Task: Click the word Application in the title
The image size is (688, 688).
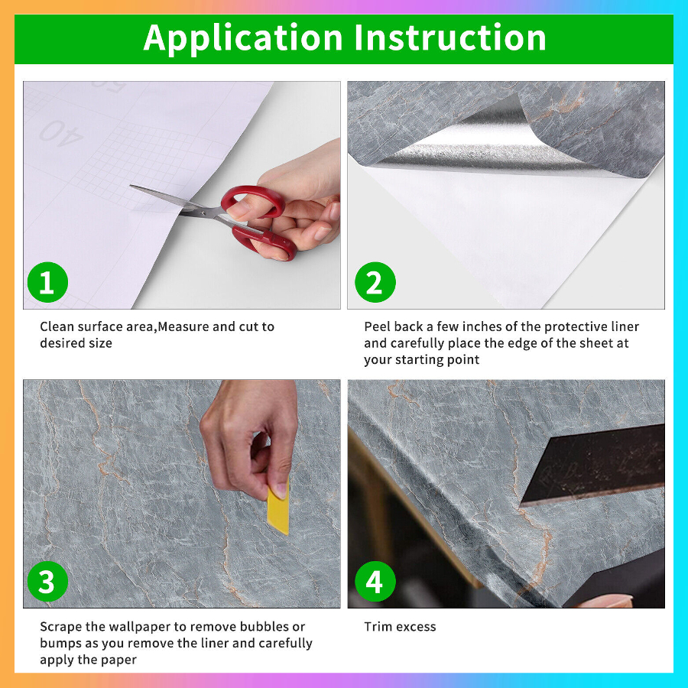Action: click(242, 40)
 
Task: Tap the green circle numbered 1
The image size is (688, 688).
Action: click(47, 282)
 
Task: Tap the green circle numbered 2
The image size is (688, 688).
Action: click(375, 282)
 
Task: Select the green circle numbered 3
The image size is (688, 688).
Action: click(47, 582)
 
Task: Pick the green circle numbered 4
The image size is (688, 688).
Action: click(375, 582)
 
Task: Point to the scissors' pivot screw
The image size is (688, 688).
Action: click(203, 213)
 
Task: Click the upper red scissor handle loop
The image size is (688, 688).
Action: click(253, 201)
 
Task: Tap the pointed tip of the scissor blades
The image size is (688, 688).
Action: click(131, 186)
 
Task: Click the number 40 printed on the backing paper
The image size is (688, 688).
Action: click(61, 133)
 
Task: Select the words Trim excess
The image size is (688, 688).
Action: click(400, 627)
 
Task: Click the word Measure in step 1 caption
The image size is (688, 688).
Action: click(183, 326)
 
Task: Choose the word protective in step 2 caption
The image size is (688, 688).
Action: click(575, 327)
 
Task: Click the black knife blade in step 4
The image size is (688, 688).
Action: click(592, 465)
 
